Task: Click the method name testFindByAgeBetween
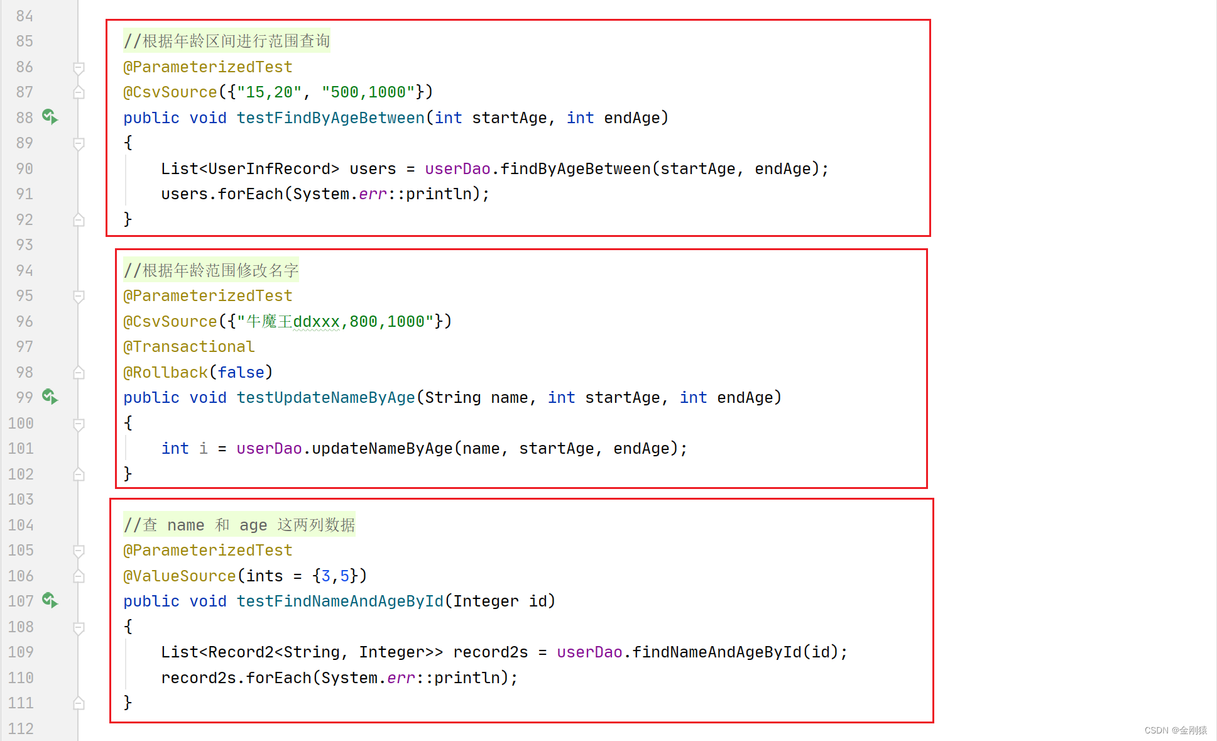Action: (x=330, y=118)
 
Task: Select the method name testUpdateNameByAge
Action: (x=325, y=398)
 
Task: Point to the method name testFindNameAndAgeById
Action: (x=340, y=601)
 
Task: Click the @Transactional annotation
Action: (x=189, y=347)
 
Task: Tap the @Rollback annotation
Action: (x=166, y=373)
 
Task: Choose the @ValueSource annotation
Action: (x=180, y=576)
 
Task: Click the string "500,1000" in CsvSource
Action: (x=368, y=92)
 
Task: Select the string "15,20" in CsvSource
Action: (x=269, y=92)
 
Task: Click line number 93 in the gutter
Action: (x=25, y=245)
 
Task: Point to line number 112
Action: (x=21, y=728)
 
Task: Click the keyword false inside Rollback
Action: (x=241, y=373)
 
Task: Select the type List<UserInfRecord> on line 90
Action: (x=250, y=169)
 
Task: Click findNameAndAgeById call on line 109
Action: (x=716, y=652)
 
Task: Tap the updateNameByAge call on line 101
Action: (x=382, y=449)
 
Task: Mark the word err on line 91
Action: (x=373, y=194)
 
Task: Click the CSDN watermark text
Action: (x=1175, y=730)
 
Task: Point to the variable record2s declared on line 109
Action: (x=490, y=652)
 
